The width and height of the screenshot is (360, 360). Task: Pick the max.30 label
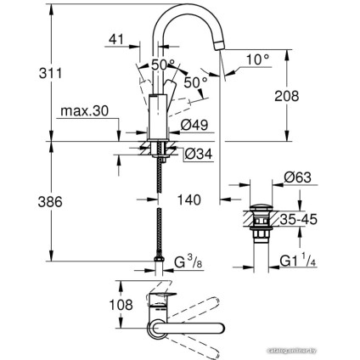pyautogui.click(x=82, y=110)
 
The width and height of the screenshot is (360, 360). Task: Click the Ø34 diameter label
pyautogui.click(x=197, y=153)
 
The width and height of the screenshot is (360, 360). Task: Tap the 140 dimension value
pyautogui.click(x=190, y=200)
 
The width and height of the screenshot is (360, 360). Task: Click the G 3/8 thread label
pyautogui.click(x=188, y=262)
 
